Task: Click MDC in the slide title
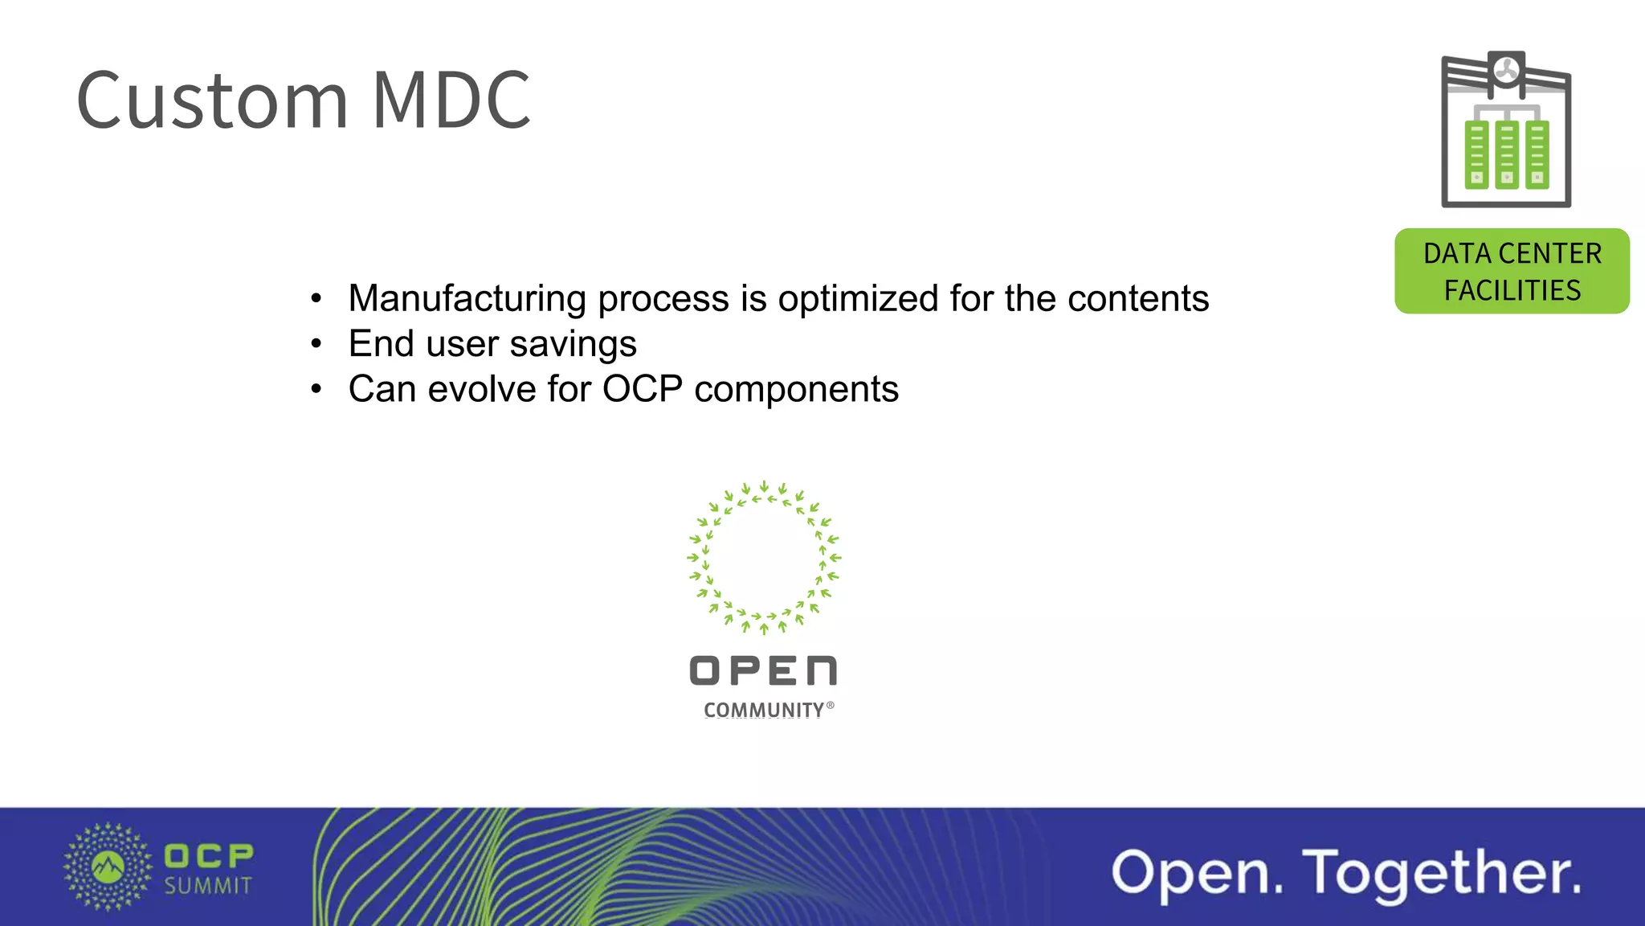(x=451, y=100)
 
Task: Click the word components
(x=796, y=390)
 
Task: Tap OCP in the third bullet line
(x=643, y=390)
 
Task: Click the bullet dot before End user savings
(x=316, y=345)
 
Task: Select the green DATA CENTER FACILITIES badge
(x=1512, y=271)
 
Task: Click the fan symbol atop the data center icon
(x=1507, y=72)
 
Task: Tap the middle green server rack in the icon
(x=1507, y=154)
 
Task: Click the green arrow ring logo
(x=764, y=558)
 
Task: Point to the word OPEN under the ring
(x=763, y=671)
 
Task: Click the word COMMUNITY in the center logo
(x=764, y=711)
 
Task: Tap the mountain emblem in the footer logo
(x=108, y=867)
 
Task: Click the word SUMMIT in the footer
(x=208, y=887)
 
